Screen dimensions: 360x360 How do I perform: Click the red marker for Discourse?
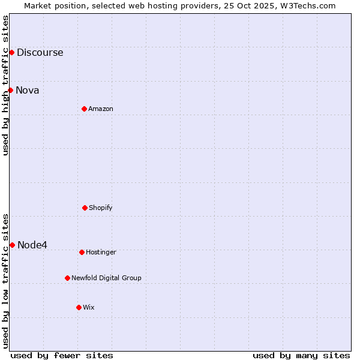pyautogui.click(x=11, y=52)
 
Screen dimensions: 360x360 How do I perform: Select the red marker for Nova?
pyautogui.click(x=10, y=90)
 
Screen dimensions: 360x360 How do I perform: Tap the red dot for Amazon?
pyautogui.click(x=84, y=109)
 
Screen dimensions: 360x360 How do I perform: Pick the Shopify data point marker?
pyautogui.click(x=85, y=208)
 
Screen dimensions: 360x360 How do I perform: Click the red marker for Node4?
pyautogui.click(x=12, y=245)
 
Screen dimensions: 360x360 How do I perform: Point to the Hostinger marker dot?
pyautogui.click(x=82, y=252)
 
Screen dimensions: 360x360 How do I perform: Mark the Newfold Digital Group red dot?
pyautogui.click(x=67, y=278)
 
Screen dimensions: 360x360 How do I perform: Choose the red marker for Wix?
pyautogui.click(x=79, y=307)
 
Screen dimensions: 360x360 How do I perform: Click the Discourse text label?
pyautogui.click(x=40, y=53)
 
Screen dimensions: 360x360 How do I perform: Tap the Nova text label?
pyautogui.click(x=28, y=91)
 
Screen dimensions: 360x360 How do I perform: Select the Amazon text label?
pyautogui.click(x=101, y=109)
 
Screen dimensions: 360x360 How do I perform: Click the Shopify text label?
pyautogui.click(x=101, y=208)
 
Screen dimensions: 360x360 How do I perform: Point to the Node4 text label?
pyautogui.click(x=32, y=245)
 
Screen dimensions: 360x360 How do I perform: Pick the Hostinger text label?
pyautogui.click(x=101, y=253)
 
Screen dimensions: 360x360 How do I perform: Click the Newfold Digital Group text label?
pyautogui.click(x=106, y=278)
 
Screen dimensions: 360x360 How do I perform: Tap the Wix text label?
pyautogui.click(x=89, y=308)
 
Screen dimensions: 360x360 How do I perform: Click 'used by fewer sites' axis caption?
pyautogui.click(x=62, y=355)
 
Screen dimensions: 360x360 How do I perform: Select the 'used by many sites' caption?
pyautogui.click(x=301, y=355)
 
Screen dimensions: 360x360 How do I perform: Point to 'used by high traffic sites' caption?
pyautogui.click(x=6, y=86)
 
